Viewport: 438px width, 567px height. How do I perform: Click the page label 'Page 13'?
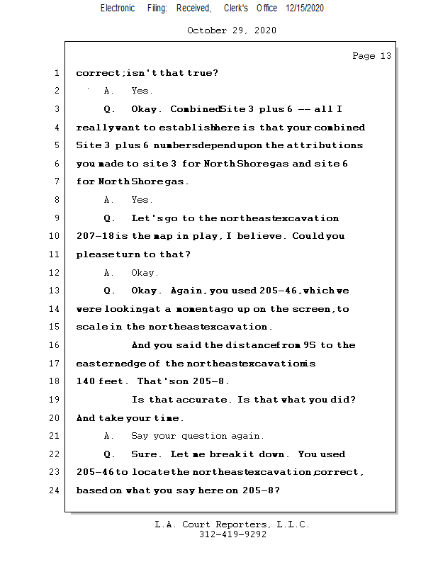pos(371,56)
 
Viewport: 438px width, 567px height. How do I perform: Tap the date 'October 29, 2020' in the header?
pos(232,30)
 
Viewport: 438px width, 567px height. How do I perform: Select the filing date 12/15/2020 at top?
pos(305,9)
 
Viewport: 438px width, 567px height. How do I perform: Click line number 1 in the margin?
pos(56,73)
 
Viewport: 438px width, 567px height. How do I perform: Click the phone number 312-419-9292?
pos(232,535)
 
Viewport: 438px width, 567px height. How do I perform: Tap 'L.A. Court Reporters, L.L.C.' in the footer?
pos(232,524)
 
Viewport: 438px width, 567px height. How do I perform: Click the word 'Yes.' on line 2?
pos(142,91)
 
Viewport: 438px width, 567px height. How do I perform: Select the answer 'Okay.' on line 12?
pos(145,273)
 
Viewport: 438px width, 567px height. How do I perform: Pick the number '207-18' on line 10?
pos(92,237)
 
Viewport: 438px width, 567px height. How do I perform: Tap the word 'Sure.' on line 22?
pos(145,454)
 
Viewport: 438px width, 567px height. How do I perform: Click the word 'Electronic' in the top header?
pos(118,9)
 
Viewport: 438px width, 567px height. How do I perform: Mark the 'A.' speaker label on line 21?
pos(108,436)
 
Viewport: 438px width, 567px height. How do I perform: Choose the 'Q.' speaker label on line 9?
pos(109,218)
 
